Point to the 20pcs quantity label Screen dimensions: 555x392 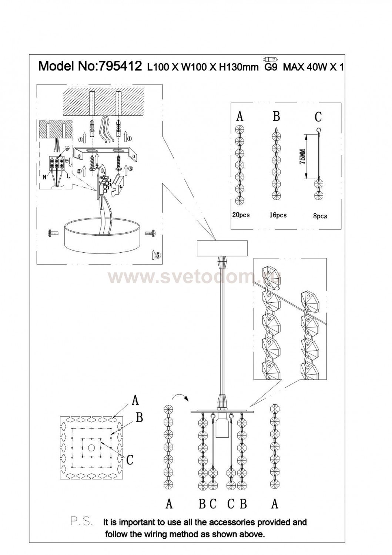(x=240, y=215)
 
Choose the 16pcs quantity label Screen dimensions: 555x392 (x=277, y=215)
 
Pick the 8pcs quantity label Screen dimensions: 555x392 (x=320, y=216)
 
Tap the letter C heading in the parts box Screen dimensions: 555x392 (x=318, y=117)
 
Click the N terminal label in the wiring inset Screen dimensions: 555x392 (x=44, y=177)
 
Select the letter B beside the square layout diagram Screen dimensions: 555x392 (x=139, y=418)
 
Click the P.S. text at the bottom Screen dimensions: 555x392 (x=81, y=522)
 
